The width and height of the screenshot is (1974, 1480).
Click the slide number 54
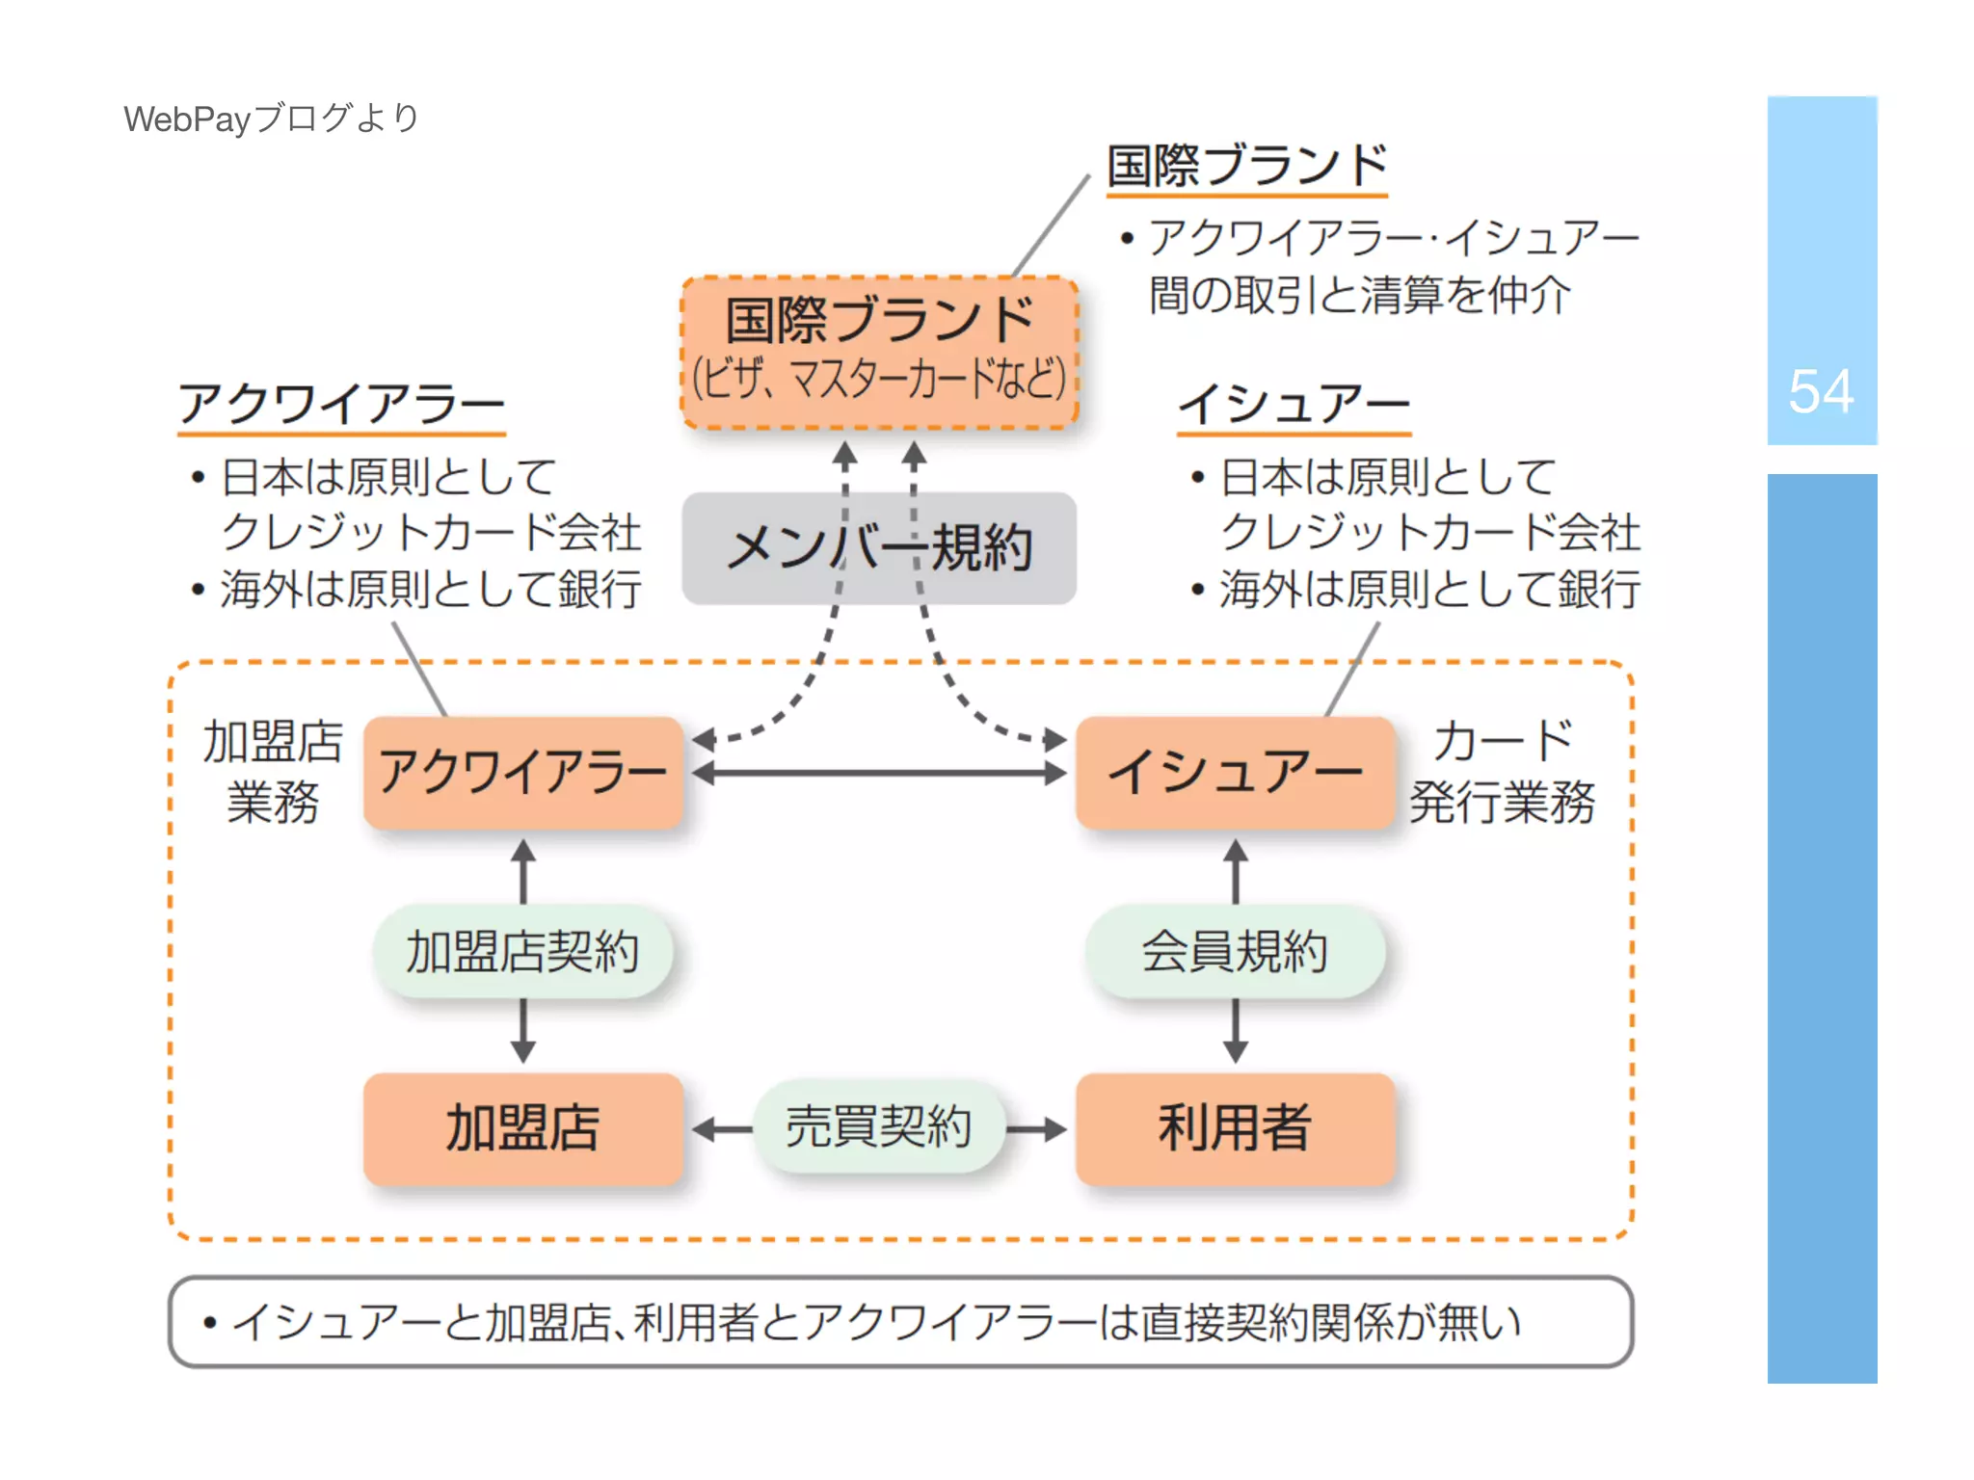point(1820,391)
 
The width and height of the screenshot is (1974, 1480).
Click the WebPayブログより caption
point(271,119)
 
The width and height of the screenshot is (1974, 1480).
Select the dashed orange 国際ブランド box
point(879,353)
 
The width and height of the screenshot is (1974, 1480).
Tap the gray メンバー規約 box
point(879,548)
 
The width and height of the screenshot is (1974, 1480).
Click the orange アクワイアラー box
point(523,773)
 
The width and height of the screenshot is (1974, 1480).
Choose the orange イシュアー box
point(1235,773)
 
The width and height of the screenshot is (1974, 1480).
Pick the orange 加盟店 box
point(523,1128)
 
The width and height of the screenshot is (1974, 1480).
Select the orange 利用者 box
point(1235,1128)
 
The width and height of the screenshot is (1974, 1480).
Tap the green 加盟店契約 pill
point(523,952)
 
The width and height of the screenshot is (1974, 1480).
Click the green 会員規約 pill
point(1235,952)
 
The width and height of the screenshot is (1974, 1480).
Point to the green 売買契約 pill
point(878,1127)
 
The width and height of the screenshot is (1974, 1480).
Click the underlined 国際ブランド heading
point(1246,166)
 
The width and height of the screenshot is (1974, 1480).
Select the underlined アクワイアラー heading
point(341,404)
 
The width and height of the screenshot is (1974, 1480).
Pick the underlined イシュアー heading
point(1294,404)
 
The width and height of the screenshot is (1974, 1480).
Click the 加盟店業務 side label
point(273,772)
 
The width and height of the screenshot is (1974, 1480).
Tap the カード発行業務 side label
point(1502,772)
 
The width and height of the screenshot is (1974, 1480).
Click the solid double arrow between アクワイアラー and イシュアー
point(879,773)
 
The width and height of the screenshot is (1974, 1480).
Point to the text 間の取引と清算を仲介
point(1359,295)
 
